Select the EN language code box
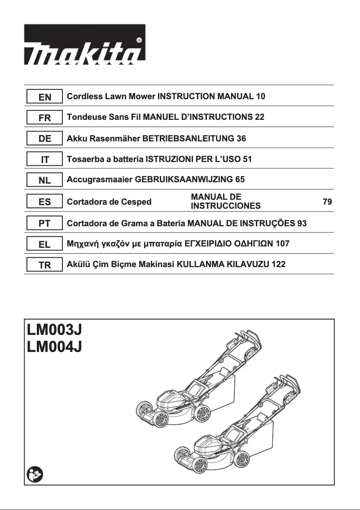tap(44, 97)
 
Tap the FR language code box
tap(44, 118)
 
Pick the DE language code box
tap(44, 139)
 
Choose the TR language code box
tap(44, 265)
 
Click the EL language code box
tap(44, 244)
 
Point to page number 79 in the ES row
tap(327, 202)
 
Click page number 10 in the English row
tap(260, 97)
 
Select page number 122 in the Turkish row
tap(278, 265)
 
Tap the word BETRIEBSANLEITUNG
tap(188, 139)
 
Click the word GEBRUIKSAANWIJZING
tap(184, 180)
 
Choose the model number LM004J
tap(54, 347)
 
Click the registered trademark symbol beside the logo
tap(139, 40)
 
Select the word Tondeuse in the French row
tap(85, 118)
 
